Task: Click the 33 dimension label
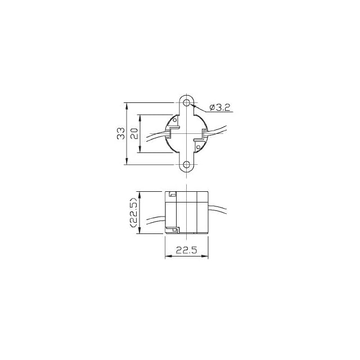(121, 133)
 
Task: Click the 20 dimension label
(134, 133)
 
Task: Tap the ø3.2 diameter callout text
(220, 107)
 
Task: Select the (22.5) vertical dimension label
(133, 213)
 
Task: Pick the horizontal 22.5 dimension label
(186, 250)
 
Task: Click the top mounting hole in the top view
(187, 102)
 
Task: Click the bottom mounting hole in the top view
(187, 164)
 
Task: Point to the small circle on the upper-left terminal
(175, 120)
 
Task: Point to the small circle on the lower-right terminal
(198, 147)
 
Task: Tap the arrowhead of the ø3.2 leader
(193, 106)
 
